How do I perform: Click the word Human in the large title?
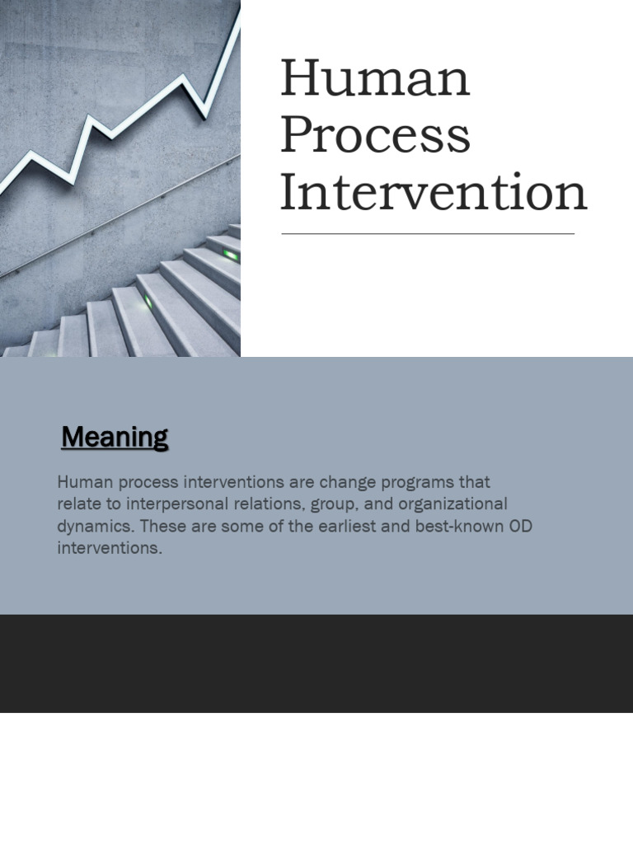point(375,79)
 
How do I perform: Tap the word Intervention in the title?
point(434,192)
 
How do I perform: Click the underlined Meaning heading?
point(115,437)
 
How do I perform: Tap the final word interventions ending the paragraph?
point(110,547)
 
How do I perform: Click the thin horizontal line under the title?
point(428,234)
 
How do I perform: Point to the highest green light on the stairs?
point(232,256)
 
